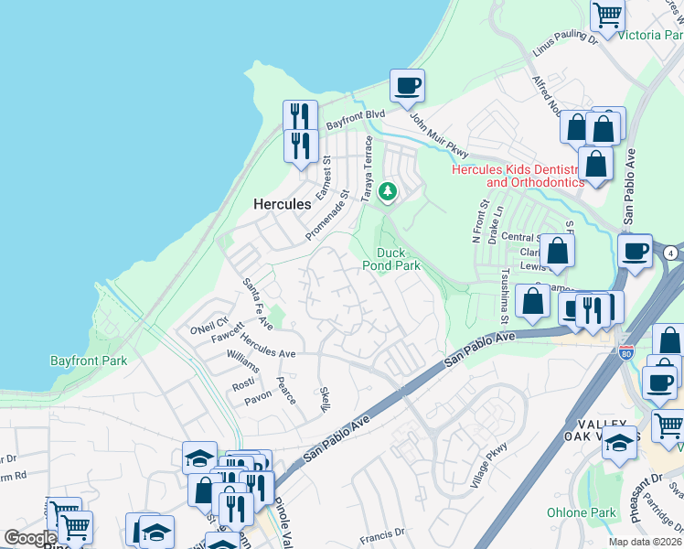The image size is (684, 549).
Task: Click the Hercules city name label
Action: pyautogui.click(x=283, y=204)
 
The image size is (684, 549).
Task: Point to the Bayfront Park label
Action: pyautogui.click(x=89, y=361)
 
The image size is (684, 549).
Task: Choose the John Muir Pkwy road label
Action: pyautogui.click(x=438, y=135)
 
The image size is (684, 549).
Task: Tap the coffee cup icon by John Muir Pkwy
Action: pyautogui.click(x=408, y=86)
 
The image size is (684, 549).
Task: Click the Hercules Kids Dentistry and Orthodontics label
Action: pyautogui.click(x=535, y=176)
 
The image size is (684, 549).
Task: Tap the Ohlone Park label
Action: pyautogui.click(x=581, y=512)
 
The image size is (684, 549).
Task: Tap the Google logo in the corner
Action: pyautogui.click(x=30, y=538)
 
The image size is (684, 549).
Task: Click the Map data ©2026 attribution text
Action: pyautogui.click(x=646, y=542)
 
